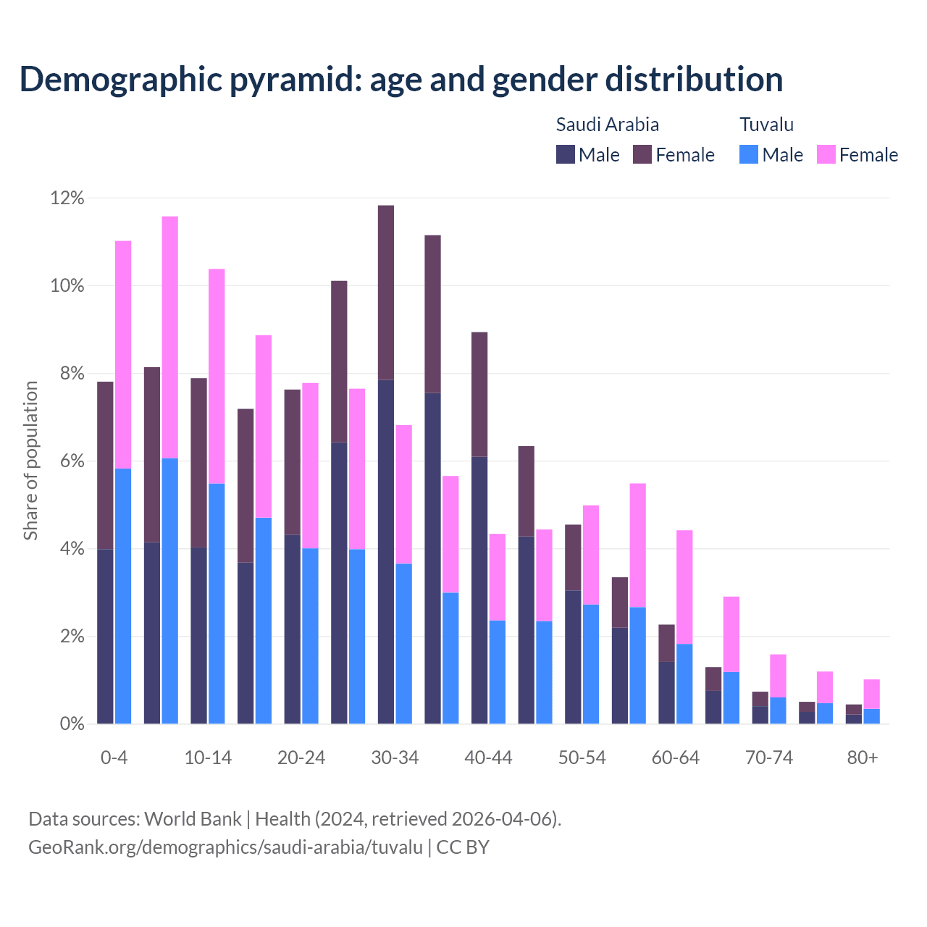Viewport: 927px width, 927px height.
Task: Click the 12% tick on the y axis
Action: point(67,198)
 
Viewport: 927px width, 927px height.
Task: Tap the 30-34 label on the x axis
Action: point(395,758)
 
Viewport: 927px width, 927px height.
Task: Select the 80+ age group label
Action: point(863,758)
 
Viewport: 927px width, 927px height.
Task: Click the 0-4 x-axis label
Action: point(114,758)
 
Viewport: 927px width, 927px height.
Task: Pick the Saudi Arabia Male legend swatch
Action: point(566,154)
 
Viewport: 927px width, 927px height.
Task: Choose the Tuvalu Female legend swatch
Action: point(826,154)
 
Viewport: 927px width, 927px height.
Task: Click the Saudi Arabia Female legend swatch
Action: point(642,154)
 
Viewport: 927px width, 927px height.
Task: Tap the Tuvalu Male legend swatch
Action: point(749,154)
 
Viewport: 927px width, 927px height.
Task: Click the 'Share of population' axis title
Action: point(30,461)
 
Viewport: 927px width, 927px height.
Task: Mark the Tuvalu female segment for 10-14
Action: point(217,377)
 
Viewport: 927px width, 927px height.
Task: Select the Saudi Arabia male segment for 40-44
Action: point(479,590)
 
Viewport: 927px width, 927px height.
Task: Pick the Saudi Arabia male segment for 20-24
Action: point(292,629)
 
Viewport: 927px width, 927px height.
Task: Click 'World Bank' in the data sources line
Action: point(193,819)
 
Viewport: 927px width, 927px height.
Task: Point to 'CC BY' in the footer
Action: point(463,847)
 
